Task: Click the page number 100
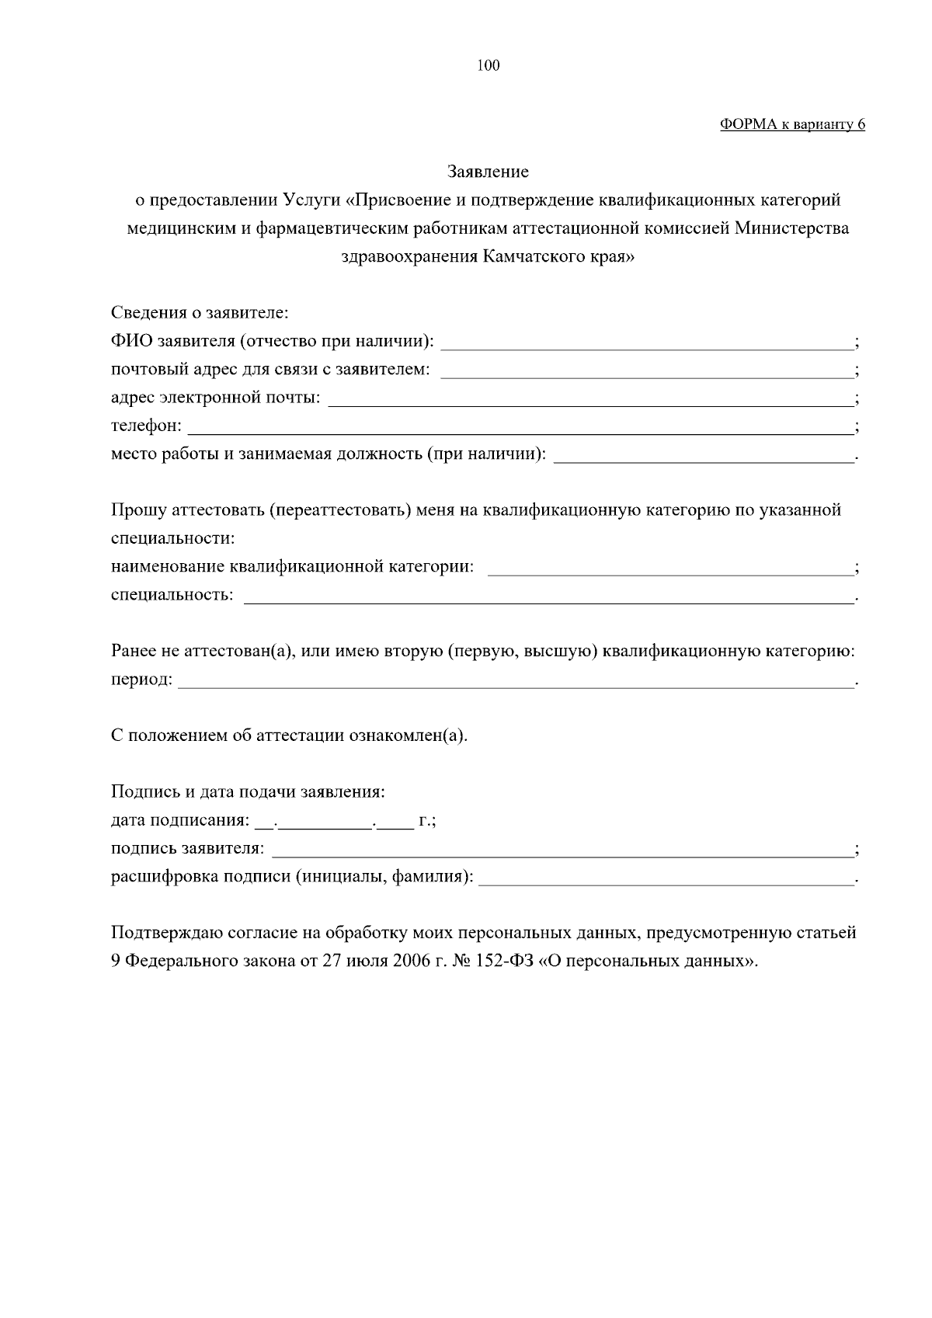tap(489, 66)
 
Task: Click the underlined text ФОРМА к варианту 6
tap(792, 124)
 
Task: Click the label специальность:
tap(172, 595)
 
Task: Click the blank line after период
tap(516, 683)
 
